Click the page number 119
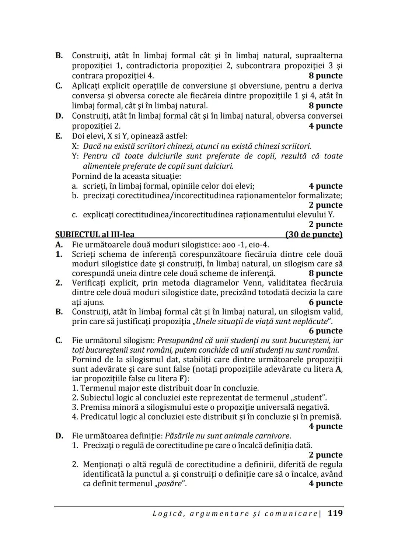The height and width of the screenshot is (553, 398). tap(335, 513)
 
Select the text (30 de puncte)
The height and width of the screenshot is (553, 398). tap(314, 235)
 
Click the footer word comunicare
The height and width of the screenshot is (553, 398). tap(291, 514)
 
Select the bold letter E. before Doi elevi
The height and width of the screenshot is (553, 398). tap(59, 136)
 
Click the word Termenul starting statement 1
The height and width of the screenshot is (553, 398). tap(97, 388)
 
